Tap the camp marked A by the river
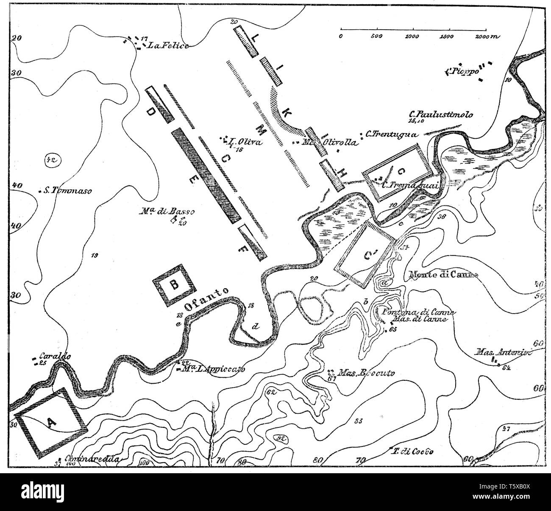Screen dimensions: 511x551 (50, 422)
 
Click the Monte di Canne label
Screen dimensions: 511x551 (443, 275)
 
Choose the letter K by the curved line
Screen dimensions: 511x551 (286, 113)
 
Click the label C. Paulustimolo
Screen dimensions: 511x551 (440, 114)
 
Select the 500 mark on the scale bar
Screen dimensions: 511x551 (377, 36)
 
